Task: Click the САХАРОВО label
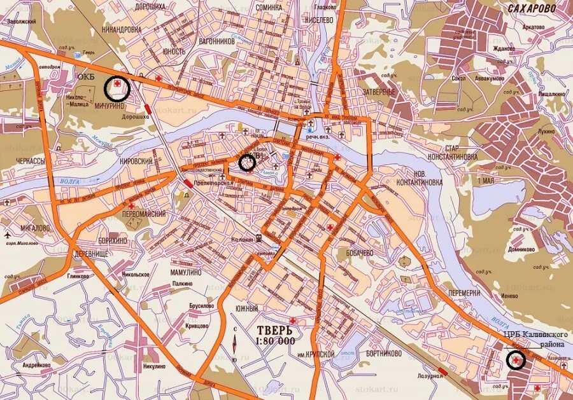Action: [x=532, y=8]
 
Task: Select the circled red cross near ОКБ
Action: [x=117, y=88]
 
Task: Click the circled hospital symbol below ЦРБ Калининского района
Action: [x=514, y=361]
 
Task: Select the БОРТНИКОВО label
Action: [x=384, y=352]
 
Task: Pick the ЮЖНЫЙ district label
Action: [x=247, y=308]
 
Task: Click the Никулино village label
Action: [x=159, y=366]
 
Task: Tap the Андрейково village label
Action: [x=37, y=365]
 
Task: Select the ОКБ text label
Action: [x=85, y=76]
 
